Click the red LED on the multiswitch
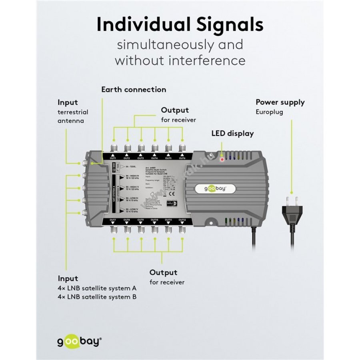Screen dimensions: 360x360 pyautogui.click(x=222, y=159)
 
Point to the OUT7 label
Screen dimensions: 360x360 pyautogui.click(x=113, y=220)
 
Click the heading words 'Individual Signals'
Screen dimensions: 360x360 pyautogui.click(x=180, y=25)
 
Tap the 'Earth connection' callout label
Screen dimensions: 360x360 pyautogui.click(x=133, y=90)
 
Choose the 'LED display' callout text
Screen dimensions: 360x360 pyautogui.click(x=232, y=134)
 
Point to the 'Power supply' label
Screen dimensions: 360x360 pyautogui.click(x=280, y=102)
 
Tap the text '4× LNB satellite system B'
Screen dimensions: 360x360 pyautogui.click(x=100, y=297)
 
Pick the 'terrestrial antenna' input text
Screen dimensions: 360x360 pyautogui.click(x=72, y=116)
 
